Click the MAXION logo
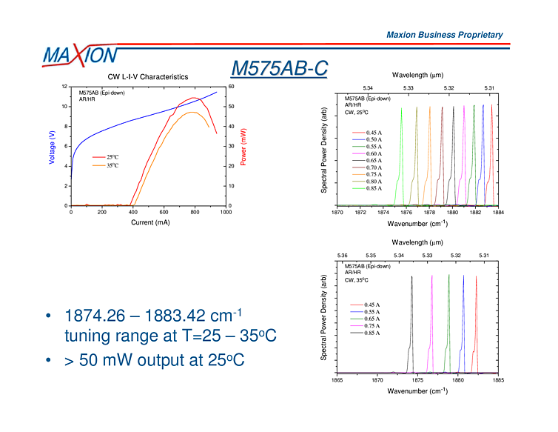coord(79,56)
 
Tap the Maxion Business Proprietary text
coord(444,35)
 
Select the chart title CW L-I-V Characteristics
coord(148,76)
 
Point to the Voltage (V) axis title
coord(51,147)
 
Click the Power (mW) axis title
coord(243,147)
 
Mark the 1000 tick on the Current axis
coord(225,212)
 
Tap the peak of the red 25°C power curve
coord(194,97)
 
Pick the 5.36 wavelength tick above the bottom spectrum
coord(342,256)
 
